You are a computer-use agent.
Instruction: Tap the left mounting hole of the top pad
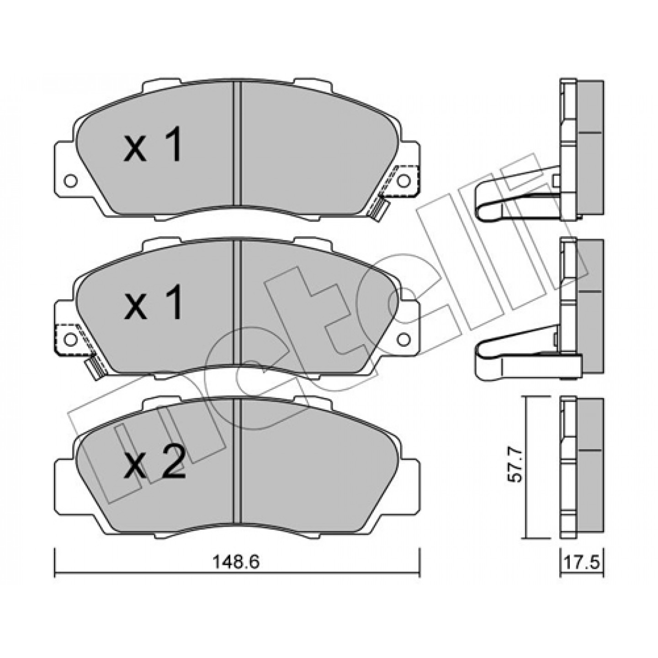pyautogui.click(x=70, y=180)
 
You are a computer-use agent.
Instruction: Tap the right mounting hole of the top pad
pyautogui.click(x=403, y=180)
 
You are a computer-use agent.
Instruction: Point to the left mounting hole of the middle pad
pyautogui.click(x=70, y=339)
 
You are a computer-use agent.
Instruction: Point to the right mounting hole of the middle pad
pyautogui.click(x=403, y=339)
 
